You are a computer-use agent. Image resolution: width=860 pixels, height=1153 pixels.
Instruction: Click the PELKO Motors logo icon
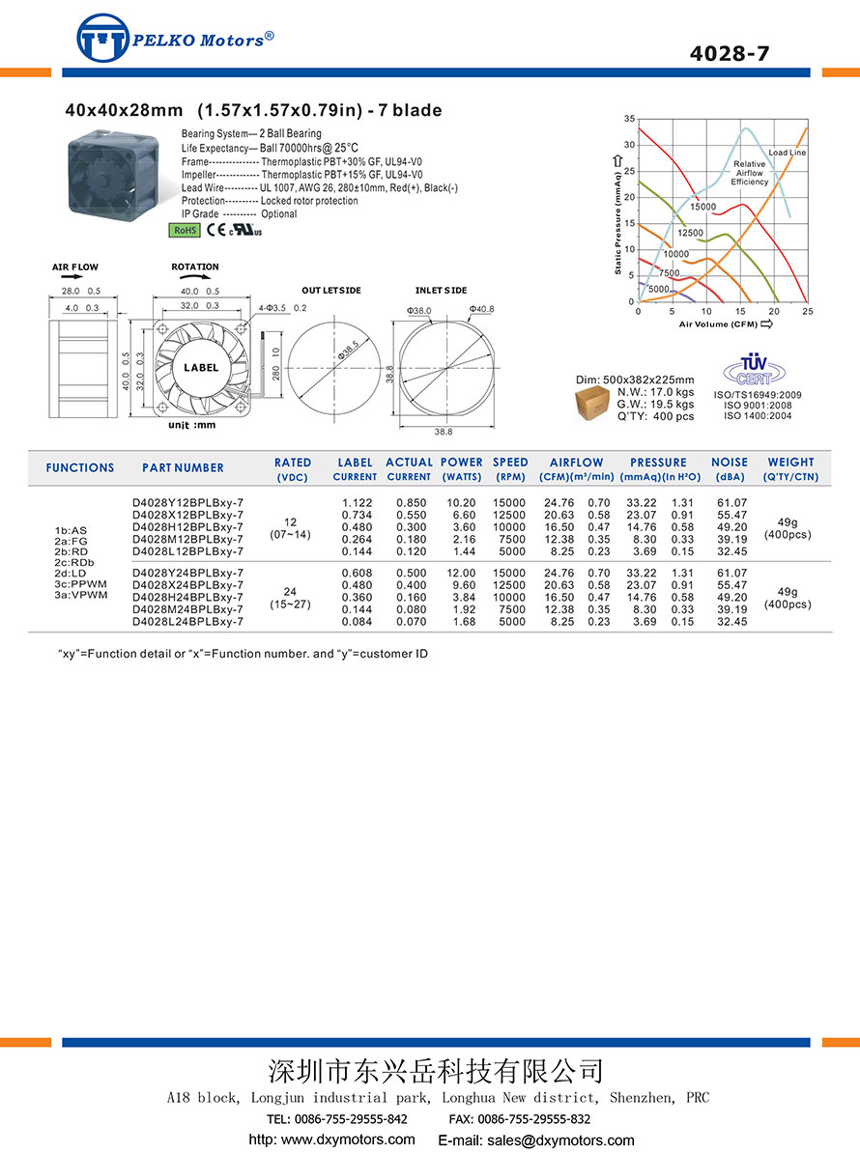point(102,40)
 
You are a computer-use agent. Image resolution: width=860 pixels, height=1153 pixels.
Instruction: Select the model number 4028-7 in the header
point(730,54)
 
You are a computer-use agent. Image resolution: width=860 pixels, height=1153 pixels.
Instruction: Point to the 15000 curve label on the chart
point(702,207)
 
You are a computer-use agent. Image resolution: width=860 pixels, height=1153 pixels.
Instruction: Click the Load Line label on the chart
point(787,153)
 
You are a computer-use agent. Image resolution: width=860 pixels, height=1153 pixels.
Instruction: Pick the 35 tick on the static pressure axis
point(629,119)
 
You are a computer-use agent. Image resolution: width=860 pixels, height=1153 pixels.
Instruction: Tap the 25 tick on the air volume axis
point(807,312)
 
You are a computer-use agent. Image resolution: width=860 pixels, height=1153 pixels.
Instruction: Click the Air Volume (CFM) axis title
point(719,324)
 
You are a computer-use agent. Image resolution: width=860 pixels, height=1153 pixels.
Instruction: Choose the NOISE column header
point(730,463)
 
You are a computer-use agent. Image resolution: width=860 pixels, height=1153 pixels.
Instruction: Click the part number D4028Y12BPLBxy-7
point(187,503)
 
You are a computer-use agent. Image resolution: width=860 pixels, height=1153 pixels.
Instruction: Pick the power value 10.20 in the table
point(461,503)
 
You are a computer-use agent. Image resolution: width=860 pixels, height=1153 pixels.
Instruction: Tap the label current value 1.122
point(357,503)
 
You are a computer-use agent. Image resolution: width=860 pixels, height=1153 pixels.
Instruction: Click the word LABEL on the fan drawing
point(201,367)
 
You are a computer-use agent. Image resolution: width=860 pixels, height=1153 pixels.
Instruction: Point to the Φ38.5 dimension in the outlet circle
point(348,349)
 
